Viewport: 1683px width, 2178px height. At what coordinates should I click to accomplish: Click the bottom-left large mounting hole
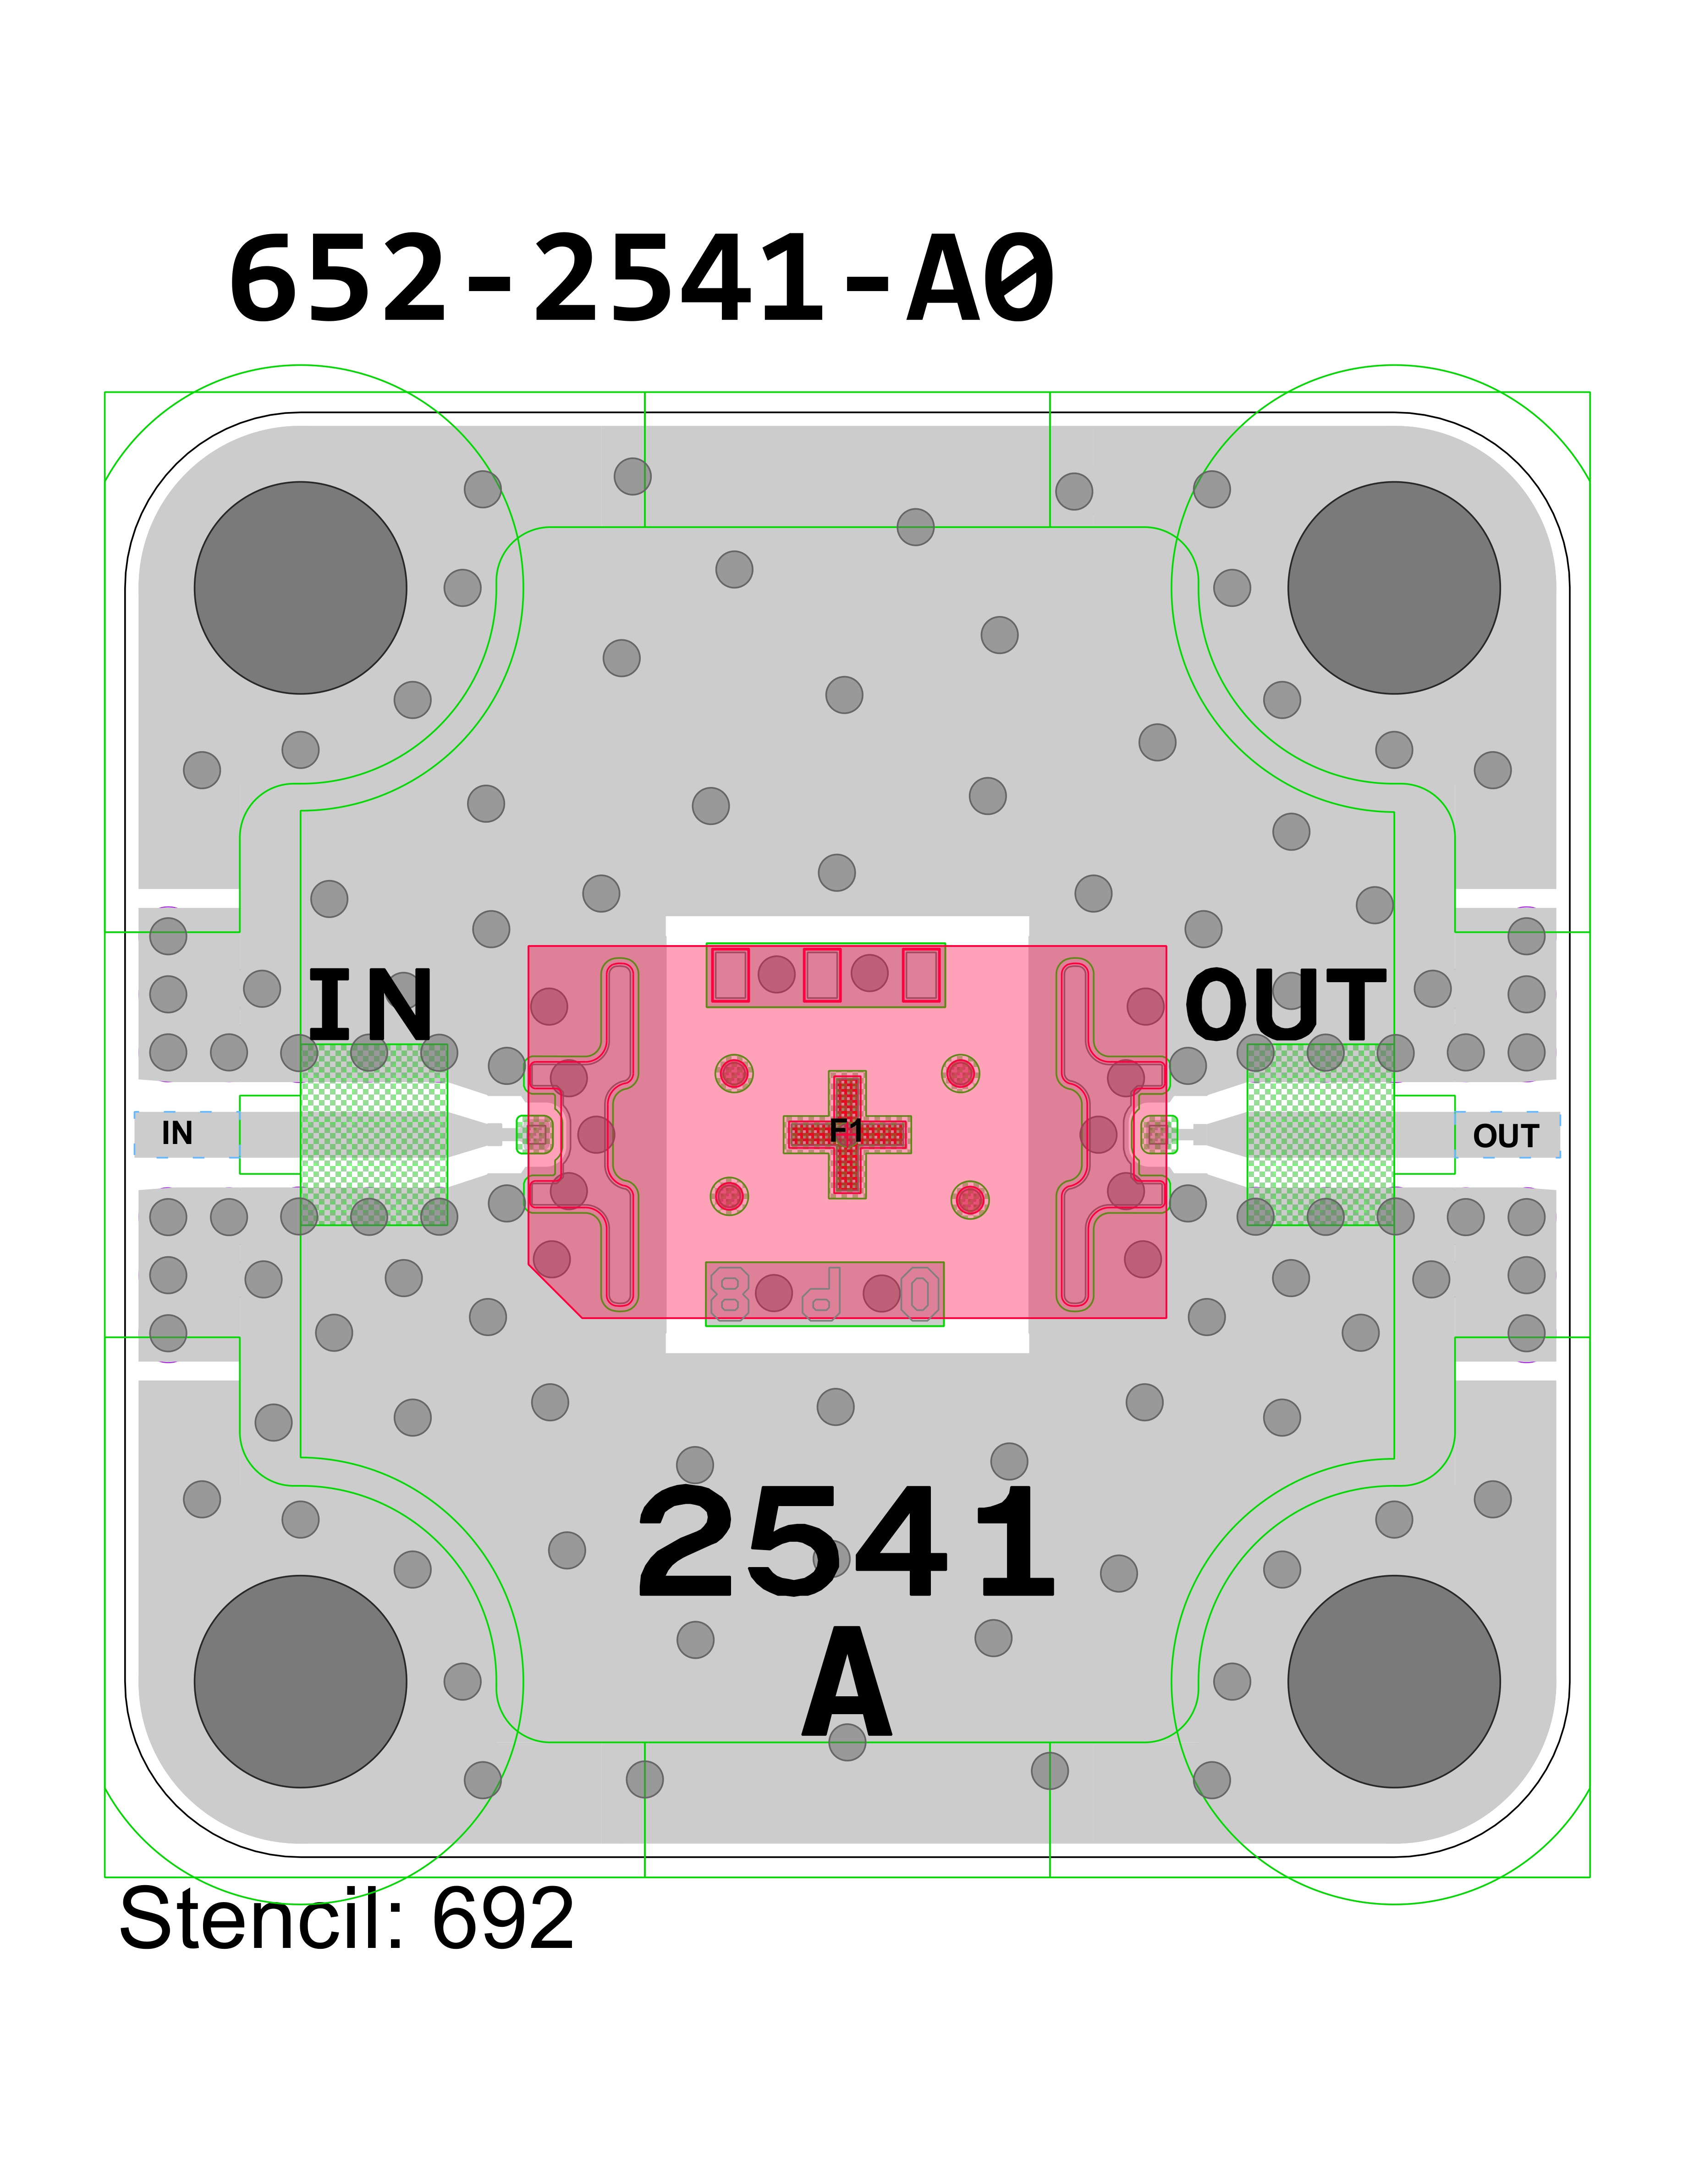(300, 1681)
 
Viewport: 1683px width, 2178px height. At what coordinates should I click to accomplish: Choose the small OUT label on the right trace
(1506, 1136)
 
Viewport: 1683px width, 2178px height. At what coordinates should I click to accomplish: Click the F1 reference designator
(846, 1130)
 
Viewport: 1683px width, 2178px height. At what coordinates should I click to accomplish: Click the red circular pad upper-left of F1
(734, 1073)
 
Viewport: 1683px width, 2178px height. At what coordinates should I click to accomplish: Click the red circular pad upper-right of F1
(960, 1073)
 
